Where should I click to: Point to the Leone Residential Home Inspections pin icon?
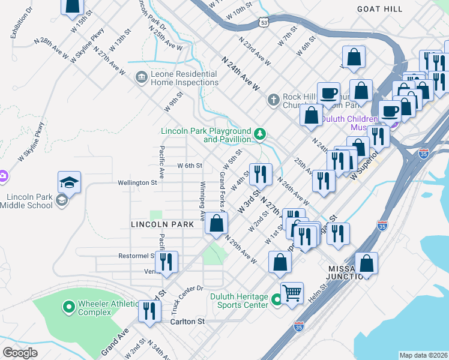[141, 77]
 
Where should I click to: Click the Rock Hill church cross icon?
[273, 99]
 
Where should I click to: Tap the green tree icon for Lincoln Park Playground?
[260, 133]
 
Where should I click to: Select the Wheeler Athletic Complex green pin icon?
[68, 308]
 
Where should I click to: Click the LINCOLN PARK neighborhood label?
[163, 224]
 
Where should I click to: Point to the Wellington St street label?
[137, 182]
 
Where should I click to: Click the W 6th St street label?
[190, 166]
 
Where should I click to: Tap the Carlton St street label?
[186, 322]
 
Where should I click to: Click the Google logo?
[20, 352]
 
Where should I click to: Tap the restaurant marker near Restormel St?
[166, 263]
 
